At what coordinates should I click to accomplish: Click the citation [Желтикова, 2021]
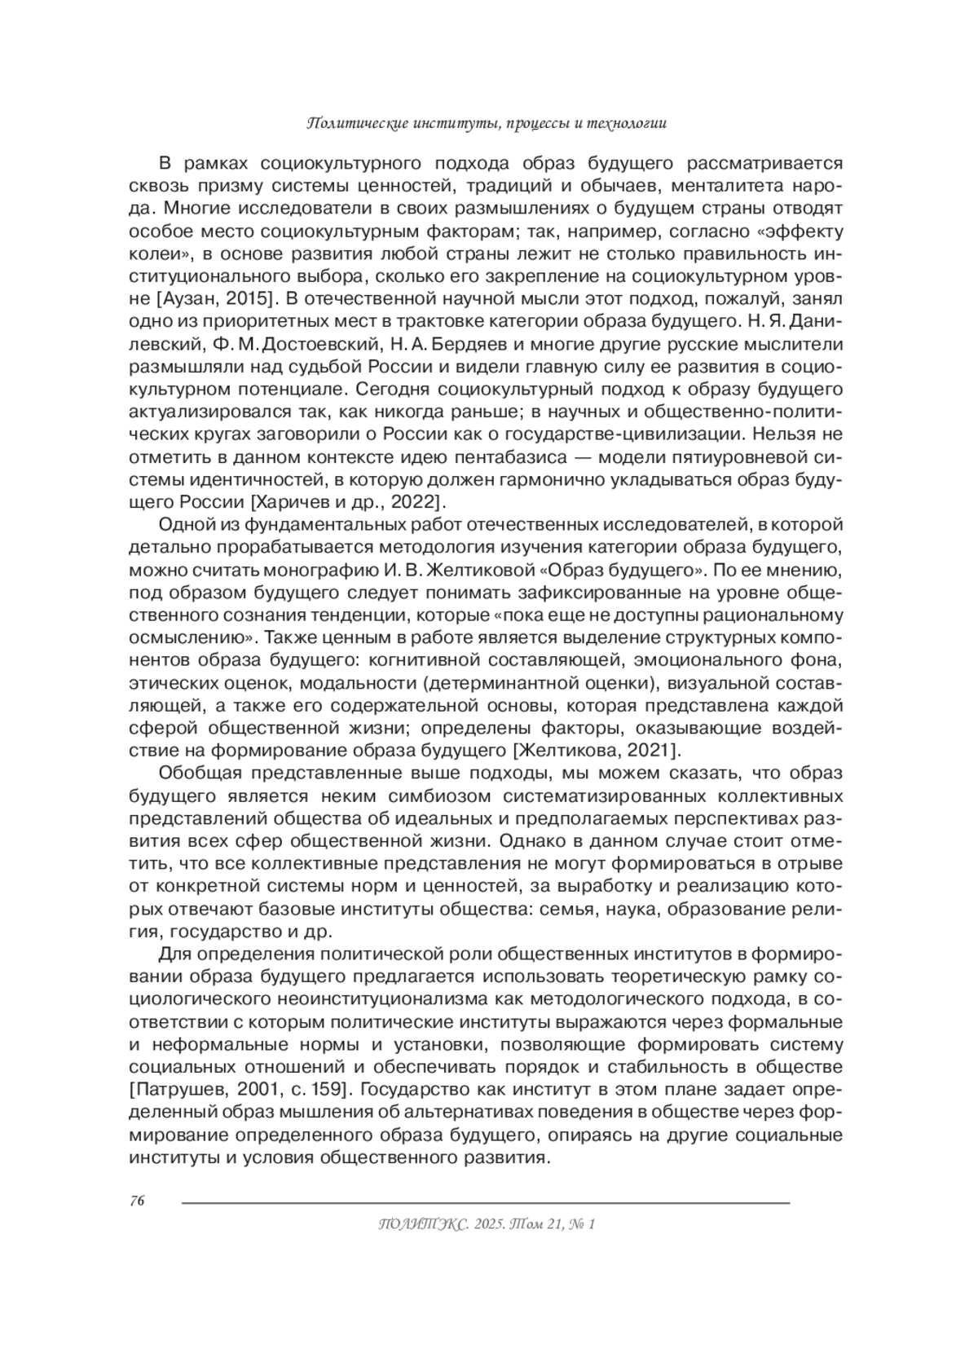tap(593, 748)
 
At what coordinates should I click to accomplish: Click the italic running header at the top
tap(487, 124)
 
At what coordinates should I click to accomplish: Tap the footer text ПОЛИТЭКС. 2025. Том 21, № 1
tap(487, 1223)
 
